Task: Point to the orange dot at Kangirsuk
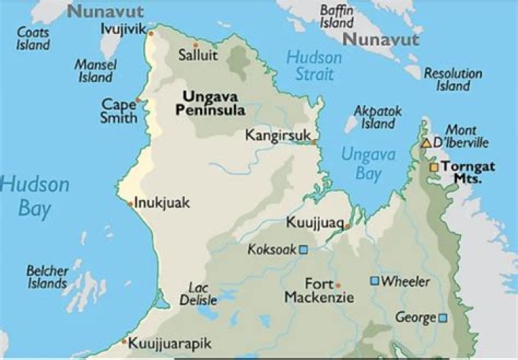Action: [314, 143]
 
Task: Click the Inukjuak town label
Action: [162, 203]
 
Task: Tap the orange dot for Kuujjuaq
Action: [347, 226]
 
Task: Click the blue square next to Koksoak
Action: [304, 250]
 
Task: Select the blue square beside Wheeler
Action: [374, 281]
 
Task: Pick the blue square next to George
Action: [442, 318]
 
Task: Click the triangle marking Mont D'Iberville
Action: [426, 143]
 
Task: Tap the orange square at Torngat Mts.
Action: [434, 167]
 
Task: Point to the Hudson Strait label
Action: [314, 66]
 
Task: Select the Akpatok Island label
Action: [378, 117]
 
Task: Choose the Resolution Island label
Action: [453, 79]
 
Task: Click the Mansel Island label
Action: [95, 71]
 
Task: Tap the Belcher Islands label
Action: [47, 277]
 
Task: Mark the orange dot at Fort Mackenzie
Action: [338, 285]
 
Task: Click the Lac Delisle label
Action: [194, 294]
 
